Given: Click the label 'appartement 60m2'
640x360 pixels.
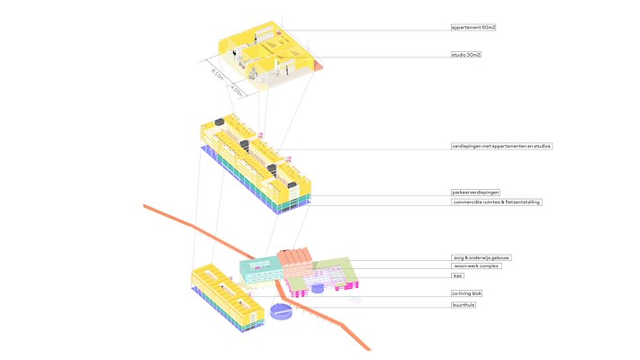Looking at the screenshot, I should [473, 28].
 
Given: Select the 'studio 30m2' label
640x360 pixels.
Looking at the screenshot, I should [466, 55].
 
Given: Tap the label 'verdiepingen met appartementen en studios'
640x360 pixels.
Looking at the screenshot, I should [501, 146].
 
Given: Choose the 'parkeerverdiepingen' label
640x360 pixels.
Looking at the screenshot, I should [475, 193].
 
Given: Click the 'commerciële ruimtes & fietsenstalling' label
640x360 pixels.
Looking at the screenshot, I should [496, 202].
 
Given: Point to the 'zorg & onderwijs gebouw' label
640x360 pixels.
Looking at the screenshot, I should [481, 257].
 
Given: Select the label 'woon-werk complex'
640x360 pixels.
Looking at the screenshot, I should [475, 266].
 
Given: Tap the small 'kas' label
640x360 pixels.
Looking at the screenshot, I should [457, 276].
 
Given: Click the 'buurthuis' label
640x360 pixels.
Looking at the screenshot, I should [463, 305].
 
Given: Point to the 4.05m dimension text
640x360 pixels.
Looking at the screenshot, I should [237, 90].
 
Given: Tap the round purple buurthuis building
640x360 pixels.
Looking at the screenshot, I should [282, 311].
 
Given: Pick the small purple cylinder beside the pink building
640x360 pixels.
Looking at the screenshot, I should [318, 290].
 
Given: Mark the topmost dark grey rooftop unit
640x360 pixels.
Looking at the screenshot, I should [217, 122].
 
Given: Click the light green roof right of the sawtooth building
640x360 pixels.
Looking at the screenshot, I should [330, 266].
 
